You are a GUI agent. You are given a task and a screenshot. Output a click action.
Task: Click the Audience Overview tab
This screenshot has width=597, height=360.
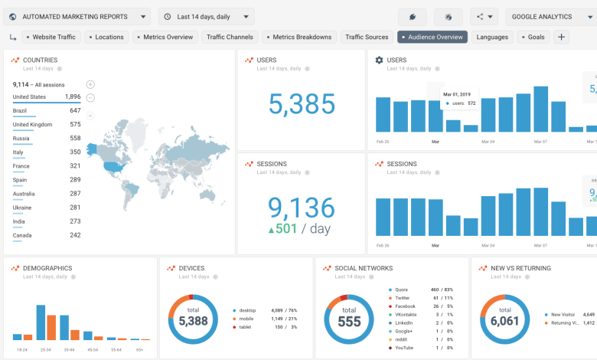point(432,37)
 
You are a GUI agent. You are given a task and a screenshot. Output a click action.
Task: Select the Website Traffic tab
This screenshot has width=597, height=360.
point(51,37)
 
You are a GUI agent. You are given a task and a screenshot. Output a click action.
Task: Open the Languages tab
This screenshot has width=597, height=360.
point(491,37)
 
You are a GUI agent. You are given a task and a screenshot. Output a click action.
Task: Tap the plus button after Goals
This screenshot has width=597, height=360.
point(561,37)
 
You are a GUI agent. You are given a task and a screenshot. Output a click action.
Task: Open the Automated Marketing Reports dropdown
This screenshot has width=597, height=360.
point(78,16)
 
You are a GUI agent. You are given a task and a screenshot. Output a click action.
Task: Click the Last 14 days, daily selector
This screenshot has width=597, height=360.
point(206,16)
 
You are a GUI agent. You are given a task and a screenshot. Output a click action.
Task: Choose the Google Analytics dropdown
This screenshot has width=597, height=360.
point(546,16)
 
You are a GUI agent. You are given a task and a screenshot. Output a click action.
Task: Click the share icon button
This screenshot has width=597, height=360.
point(484,16)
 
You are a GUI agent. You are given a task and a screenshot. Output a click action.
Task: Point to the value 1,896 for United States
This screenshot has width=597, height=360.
point(73,97)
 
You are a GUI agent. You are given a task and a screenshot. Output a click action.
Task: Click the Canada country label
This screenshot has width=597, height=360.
point(21,234)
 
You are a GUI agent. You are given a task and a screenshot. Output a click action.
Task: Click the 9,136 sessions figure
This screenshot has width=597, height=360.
point(301,208)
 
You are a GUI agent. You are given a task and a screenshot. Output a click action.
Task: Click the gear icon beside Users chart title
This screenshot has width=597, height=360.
point(379,60)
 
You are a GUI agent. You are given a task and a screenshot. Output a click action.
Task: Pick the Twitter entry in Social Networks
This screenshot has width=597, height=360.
point(403,297)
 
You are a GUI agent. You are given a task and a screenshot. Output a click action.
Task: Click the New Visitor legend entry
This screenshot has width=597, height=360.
point(562,314)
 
